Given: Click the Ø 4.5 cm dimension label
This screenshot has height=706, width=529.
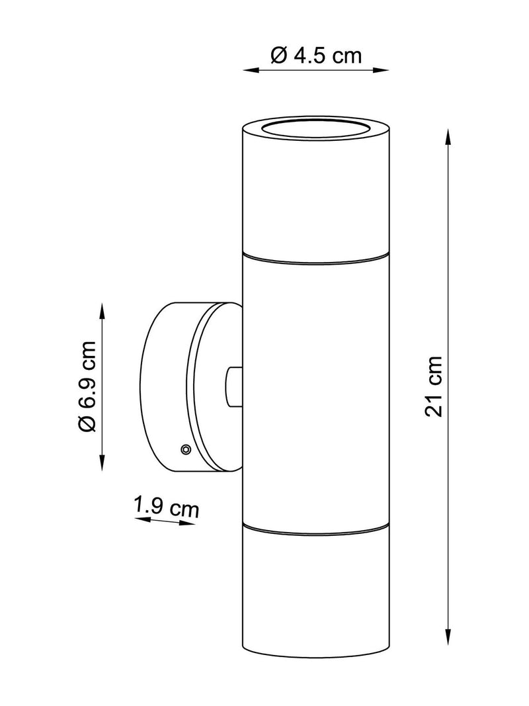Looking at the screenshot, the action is coord(316,56).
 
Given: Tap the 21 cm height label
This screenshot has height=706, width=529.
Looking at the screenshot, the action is coord(434,386).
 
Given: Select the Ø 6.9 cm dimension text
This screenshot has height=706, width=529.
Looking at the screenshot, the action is coord(86,387).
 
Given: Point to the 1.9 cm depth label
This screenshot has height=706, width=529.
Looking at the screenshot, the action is coord(167,507).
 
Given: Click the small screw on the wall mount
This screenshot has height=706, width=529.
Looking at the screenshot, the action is coord(185,449).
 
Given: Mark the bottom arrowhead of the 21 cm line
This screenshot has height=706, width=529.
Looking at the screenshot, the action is coord(448,637).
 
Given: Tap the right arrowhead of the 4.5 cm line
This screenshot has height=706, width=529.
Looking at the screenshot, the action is coord(381,69).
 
